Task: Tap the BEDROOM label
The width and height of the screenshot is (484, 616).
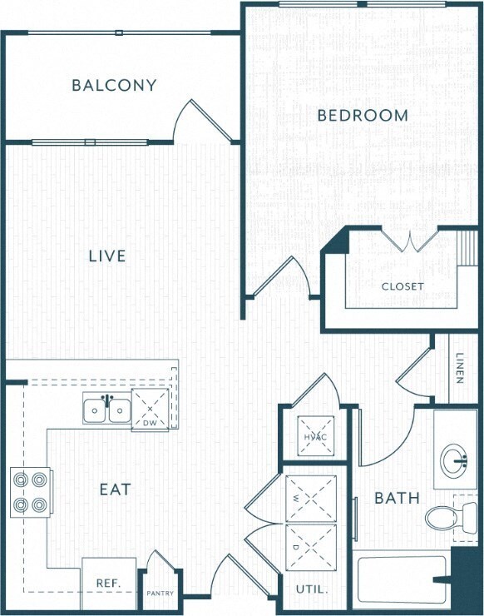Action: pyautogui.click(x=363, y=116)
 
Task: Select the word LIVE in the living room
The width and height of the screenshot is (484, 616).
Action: pyautogui.click(x=107, y=256)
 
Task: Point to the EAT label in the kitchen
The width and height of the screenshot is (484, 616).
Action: pyautogui.click(x=116, y=489)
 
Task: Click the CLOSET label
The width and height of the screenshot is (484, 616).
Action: pyautogui.click(x=403, y=286)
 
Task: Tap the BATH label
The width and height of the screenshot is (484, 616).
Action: pyautogui.click(x=397, y=499)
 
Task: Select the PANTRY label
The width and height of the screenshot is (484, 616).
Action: pyautogui.click(x=160, y=594)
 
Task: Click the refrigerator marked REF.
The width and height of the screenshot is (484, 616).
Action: pyautogui.click(x=108, y=584)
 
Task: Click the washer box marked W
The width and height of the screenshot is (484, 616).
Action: pyautogui.click(x=310, y=498)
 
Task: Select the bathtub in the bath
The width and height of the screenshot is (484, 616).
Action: pyautogui.click(x=403, y=582)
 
